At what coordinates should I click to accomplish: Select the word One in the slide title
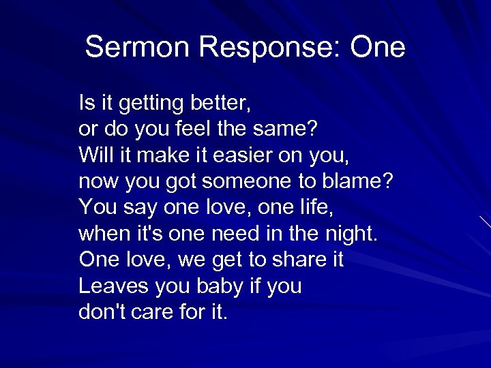377,48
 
